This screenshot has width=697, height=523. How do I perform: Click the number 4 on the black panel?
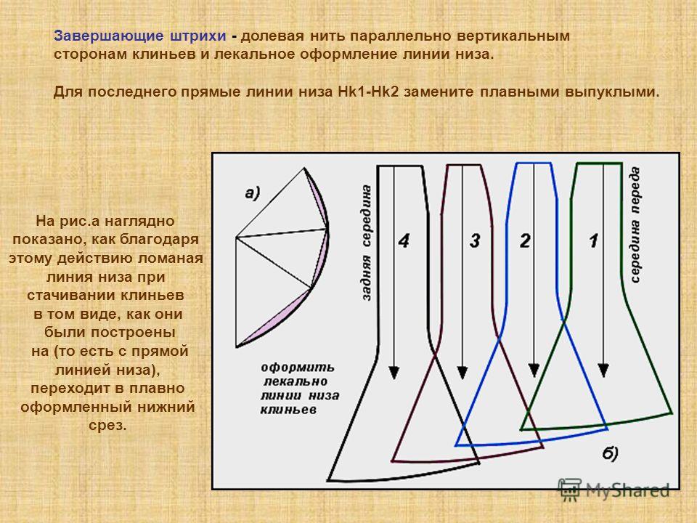(404, 240)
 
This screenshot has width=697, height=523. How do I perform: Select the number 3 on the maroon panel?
(475, 240)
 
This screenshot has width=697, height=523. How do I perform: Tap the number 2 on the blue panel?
(526, 240)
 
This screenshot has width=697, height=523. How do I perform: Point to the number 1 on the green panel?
(594, 240)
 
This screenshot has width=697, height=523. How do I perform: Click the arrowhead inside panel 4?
(394, 373)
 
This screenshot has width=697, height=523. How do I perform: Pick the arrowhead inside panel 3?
(462, 373)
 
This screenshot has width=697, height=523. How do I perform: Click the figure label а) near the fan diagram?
(252, 193)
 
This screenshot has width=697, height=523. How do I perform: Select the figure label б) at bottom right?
(611, 453)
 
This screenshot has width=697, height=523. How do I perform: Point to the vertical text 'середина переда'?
(635, 224)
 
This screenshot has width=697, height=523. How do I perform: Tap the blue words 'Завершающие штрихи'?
(140, 36)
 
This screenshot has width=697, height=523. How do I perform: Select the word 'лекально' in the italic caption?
(295, 381)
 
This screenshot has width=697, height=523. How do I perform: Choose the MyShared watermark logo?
(614, 490)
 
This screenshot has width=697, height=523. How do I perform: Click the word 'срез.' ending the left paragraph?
(107, 425)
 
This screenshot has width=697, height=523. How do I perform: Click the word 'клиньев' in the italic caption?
(288, 410)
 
